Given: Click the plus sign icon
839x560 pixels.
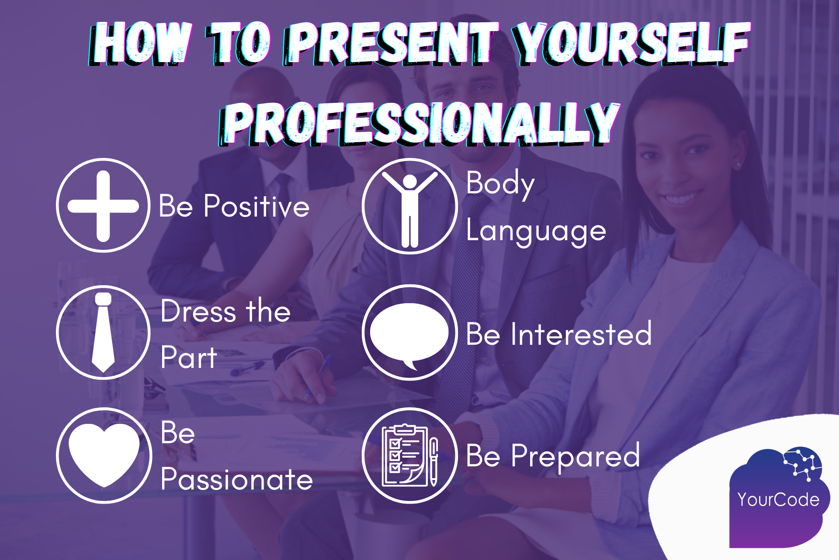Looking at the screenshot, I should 103,206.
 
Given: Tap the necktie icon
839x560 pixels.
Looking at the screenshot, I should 103,332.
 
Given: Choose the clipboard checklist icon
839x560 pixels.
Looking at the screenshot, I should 409,456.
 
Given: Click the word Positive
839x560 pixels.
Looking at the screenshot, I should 257,206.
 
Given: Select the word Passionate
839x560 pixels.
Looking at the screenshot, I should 236,480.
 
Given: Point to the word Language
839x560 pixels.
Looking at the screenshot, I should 536,232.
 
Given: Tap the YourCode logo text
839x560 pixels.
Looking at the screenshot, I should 778,500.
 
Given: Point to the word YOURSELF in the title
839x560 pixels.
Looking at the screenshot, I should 631,43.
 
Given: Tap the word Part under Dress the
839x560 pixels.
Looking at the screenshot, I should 188,358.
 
